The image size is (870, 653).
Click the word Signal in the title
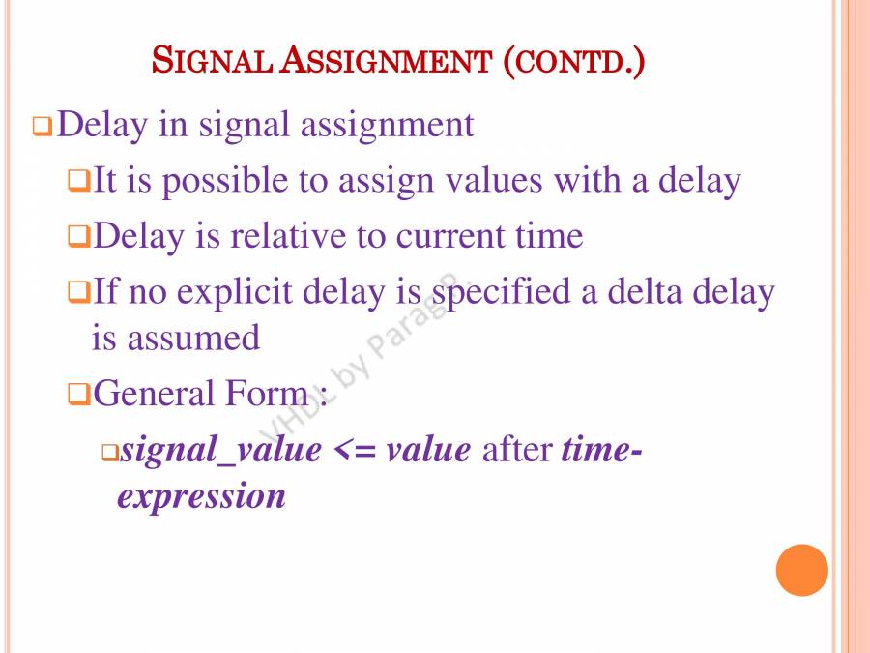pyautogui.click(x=212, y=60)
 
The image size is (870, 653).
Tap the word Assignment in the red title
pyautogui.click(x=386, y=60)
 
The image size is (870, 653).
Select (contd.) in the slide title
pyautogui.click(x=573, y=61)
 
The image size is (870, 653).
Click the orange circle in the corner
pyautogui.click(x=801, y=570)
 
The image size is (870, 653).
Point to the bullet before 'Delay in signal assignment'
pyautogui.click(x=43, y=126)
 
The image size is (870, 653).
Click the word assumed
pyautogui.click(x=193, y=338)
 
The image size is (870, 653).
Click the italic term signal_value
pyautogui.click(x=220, y=450)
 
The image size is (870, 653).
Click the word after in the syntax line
pyautogui.click(x=517, y=450)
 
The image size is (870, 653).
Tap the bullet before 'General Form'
pyautogui.click(x=78, y=395)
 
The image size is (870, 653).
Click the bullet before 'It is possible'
pyautogui.click(x=78, y=181)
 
